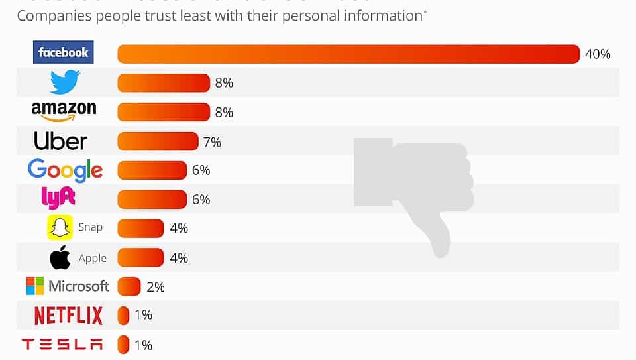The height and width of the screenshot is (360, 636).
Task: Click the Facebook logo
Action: [64, 52]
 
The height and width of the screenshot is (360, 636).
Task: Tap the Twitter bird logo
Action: [65, 83]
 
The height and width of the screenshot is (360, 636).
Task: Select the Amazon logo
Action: [64, 111]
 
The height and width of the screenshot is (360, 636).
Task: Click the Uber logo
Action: [60, 141]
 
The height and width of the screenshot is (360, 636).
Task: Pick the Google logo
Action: [65, 170]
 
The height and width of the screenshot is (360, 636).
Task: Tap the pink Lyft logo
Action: [58, 198]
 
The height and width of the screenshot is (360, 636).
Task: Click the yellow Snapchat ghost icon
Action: [60, 227]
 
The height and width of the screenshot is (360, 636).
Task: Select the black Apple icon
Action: [60, 257]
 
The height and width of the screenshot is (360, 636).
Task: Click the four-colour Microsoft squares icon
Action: [35, 286]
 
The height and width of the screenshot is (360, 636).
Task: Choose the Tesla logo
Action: [62, 345]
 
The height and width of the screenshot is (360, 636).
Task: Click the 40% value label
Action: [598, 54]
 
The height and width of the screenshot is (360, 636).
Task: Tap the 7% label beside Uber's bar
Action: [213, 142]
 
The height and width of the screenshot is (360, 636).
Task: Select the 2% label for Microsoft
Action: [156, 287]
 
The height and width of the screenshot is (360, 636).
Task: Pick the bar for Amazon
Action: [164, 112]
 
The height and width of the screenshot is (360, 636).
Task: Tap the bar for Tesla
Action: [123, 345]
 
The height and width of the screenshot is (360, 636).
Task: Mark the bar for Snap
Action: [140, 228]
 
